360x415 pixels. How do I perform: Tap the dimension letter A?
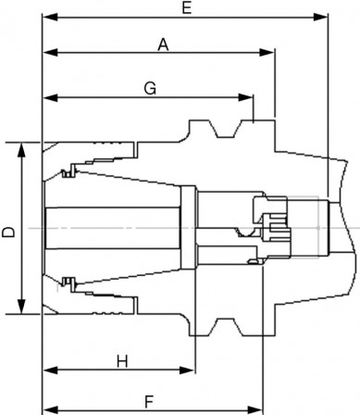tap(163, 43)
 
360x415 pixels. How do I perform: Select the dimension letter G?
tap(149, 88)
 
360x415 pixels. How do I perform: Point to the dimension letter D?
tap(8, 228)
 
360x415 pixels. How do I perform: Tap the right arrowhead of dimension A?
tap(271, 53)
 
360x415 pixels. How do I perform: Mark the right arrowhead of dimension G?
tap(249, 97)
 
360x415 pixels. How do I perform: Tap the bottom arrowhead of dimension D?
tap(21, 309)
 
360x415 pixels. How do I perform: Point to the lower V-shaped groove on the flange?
tap(222, 327)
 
